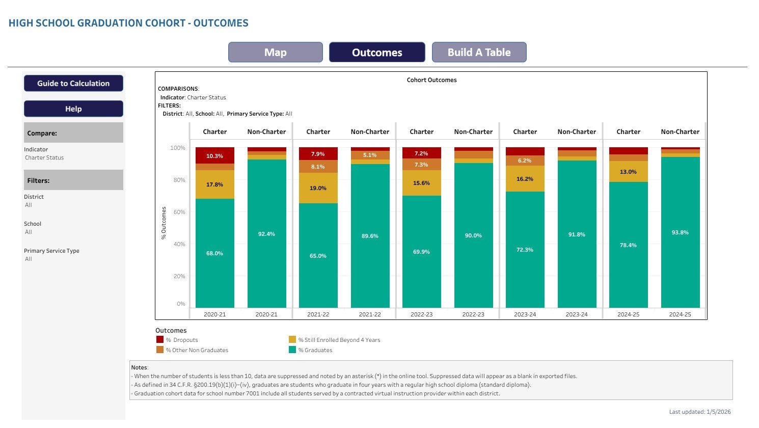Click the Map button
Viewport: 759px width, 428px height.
pos(275,52)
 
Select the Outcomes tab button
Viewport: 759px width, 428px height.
pos(377,52)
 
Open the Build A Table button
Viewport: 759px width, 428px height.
pos(479,52)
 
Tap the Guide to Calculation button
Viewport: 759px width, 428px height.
pos(73,84)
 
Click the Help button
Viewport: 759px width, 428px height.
pos(73,109)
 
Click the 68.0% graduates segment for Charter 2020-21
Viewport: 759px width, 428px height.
pos(214,253)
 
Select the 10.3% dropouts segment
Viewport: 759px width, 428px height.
pos(214,156)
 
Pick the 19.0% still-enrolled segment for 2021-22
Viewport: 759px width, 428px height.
pos(318,188)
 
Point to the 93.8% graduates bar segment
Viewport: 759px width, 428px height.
pos(680,232)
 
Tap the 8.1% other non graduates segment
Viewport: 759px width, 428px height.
pos(318,167)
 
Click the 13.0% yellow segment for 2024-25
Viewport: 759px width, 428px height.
pos(628,172)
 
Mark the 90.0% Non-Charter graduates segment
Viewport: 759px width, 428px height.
pos(473,235)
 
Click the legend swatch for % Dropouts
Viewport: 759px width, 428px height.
pos(160,340)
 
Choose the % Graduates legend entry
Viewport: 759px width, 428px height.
pos(315,350)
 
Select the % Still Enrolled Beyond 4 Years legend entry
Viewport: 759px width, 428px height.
pos(339,340)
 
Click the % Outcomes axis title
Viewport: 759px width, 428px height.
pos(164,223)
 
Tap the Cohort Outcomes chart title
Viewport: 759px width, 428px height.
pos(431,80)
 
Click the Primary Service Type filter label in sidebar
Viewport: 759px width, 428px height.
pos(51,251)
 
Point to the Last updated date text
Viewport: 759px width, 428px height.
pos(700,412)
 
